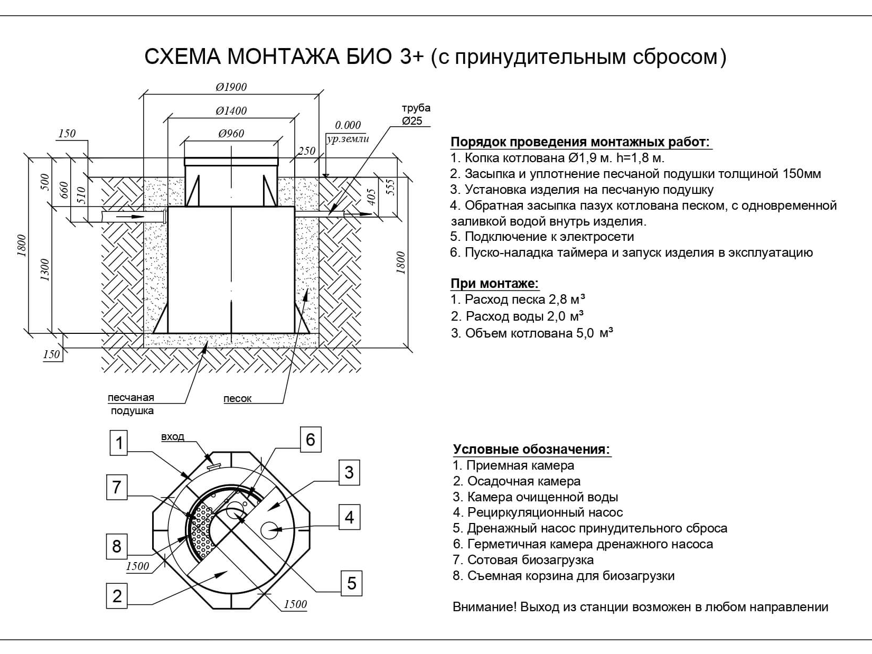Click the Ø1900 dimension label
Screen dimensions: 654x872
click(x=231, y=87)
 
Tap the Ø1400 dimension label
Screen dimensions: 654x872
click(x=231, y=111)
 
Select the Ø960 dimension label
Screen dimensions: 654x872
click(x=231, y=134)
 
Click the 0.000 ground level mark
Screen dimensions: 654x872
click(x=348, y=125)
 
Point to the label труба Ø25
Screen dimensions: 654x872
click(x=416, y=115)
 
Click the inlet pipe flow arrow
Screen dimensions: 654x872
click(x=130, y=217)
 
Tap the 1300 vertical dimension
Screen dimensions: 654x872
click(x=45, y=269)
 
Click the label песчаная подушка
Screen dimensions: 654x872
click(x=131, y=404)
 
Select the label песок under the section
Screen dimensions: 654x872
click(x=237, y=399)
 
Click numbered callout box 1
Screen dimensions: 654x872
click(x=119, y=442)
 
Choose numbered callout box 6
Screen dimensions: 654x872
click(x=310, y=440)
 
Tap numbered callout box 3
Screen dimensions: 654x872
click(x=349, y=472)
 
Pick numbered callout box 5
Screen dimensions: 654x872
click(x=351, y=583)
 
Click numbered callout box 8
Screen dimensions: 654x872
click(x=117, y=546)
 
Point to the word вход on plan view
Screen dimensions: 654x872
click(x=173, y=437)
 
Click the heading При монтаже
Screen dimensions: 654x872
click(x=494, y=284)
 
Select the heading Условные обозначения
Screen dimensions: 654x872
click(x=531, y=450)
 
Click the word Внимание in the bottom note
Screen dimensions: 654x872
click(x=484, y=607)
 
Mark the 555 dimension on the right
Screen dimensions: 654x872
click(x=391, y=188)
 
